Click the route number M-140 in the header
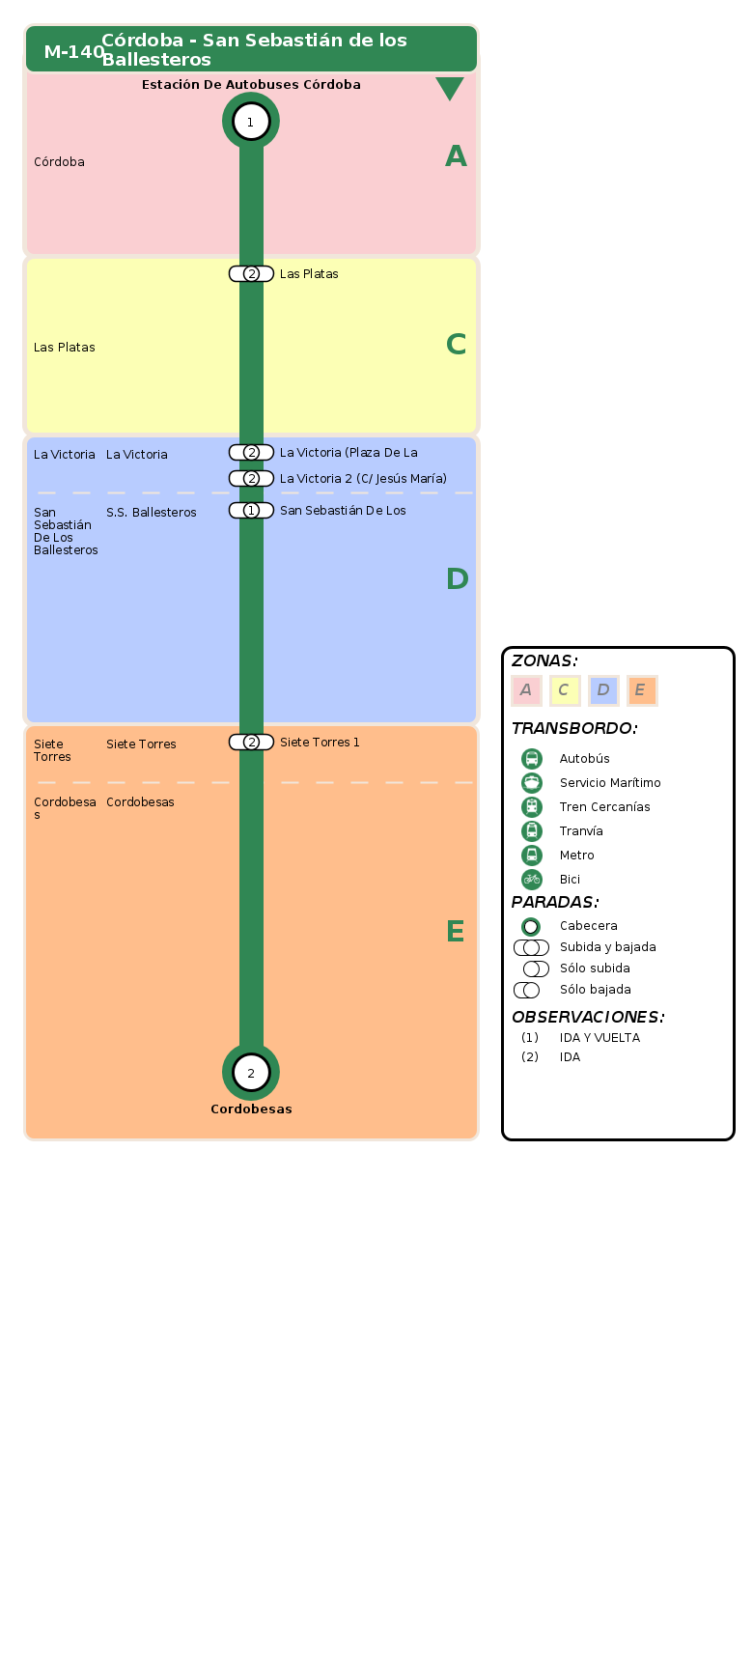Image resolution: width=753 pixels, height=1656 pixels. tap(74, 52)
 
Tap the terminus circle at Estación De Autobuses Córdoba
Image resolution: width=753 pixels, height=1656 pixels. tap(251, 122)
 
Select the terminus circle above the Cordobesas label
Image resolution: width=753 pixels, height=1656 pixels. tap(251, 1072)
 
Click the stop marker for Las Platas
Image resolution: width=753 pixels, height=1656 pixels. tap(251, 274)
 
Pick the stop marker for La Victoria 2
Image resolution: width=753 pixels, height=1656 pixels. tap(251, 479)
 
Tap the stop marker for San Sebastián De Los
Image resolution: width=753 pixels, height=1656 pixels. tap(251, 511)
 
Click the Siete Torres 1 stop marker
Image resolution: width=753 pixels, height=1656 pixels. tap(251, 743)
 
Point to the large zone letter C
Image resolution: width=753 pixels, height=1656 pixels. tap(457, 345)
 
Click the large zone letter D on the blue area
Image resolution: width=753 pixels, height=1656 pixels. tap(457, 579)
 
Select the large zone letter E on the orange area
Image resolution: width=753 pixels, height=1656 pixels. tap(456, 932)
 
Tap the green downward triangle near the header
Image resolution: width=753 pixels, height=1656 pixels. tap(450, 89)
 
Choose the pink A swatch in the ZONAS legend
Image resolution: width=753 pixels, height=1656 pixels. tap(526, 690)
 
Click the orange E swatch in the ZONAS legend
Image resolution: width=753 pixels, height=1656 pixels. tap(642, 690)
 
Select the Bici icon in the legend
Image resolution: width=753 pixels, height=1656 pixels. tap(532, 879)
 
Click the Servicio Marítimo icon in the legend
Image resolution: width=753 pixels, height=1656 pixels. tap(532, 782)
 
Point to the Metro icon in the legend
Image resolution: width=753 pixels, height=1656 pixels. tap(532, 855)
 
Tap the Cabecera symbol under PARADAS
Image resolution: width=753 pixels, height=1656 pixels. tap(531, 927)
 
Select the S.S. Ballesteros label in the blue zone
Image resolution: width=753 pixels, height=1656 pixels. tap(152, 513)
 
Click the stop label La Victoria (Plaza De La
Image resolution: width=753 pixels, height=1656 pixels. tap(349, 453)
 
